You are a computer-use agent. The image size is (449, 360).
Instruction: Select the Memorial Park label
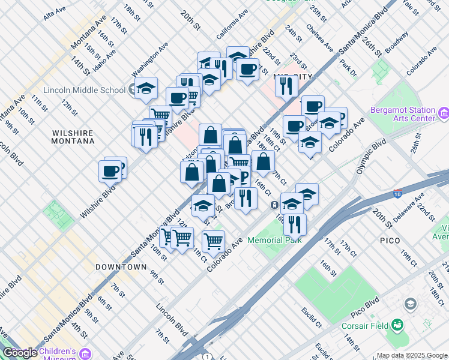277,240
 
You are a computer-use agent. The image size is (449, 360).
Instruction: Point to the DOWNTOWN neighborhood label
121,266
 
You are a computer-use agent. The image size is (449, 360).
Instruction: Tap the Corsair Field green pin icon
397,325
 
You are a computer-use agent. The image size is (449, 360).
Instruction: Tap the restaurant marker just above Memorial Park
294,224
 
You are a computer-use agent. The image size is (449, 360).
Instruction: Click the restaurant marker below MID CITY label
286,85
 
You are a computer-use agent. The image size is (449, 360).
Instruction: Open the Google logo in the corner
20,353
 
